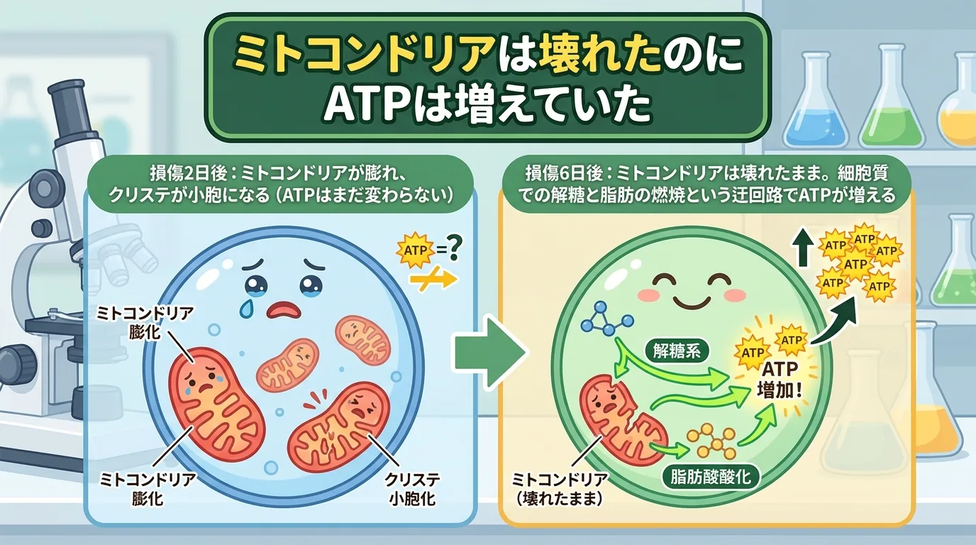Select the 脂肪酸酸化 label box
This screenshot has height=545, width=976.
tap(711, 478)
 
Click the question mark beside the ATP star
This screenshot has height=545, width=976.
tap(453, 248)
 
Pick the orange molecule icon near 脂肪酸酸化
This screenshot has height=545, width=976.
tap(711, 442)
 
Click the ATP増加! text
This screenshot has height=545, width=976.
tap(780, 380)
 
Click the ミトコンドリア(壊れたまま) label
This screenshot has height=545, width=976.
tap(559, 489)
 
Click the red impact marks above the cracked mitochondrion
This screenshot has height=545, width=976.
tap(315, 399)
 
